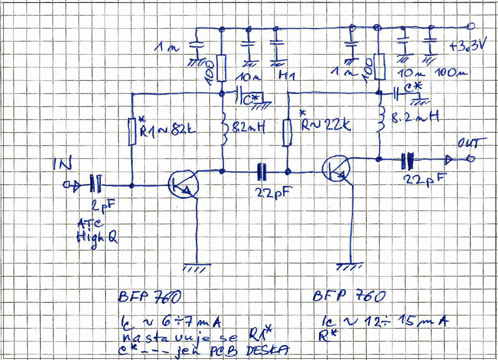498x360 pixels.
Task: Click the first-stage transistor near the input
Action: (182, 185)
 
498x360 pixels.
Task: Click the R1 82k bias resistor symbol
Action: (132, 131)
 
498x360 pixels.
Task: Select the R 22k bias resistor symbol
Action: (287, 132)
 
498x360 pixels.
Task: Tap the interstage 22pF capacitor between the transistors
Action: (262, 172)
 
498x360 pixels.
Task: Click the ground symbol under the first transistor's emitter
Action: (197, 266)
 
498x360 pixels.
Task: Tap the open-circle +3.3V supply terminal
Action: (471, 25)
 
